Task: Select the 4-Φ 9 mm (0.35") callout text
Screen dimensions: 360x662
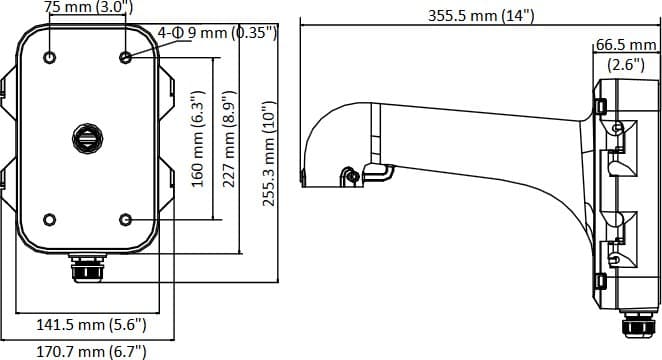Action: click(x=217, y=33)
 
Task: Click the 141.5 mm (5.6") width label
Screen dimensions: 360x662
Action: click(x=92, y=325)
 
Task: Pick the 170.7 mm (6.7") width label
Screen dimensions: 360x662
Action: click(x=92, y=351)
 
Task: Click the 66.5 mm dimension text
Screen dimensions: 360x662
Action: click(x=625, y=45)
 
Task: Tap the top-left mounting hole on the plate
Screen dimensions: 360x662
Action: click(x=49, y=57)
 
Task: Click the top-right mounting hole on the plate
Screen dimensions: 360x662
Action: click(x=124, y=57)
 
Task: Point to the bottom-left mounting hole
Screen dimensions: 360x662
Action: click(x=49, y=219)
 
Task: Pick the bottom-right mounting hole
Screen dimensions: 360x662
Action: click(x=124, y=219)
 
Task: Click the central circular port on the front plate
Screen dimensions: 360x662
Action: click(x=87, y=136)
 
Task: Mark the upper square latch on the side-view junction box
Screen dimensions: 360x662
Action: click(x=601, y=105)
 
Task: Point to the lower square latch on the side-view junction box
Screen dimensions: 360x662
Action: click(x=601, y=282)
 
